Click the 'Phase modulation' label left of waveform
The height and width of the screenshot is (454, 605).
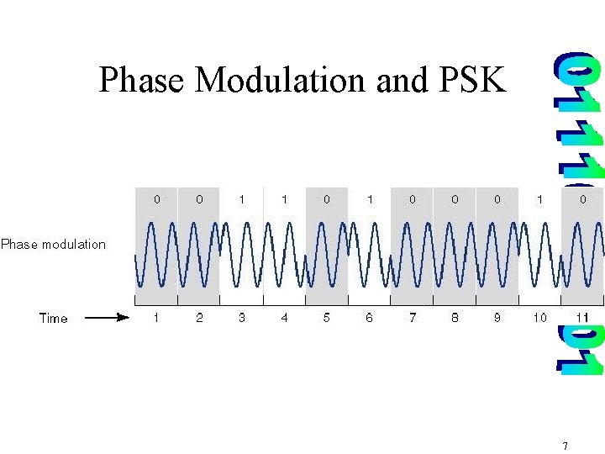coord(54,245)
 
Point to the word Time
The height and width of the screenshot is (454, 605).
coord(54,318)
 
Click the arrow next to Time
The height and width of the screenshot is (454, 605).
coord(108,318)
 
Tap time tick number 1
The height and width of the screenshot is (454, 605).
coord(156,318)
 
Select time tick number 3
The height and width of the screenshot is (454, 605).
coord(242,318)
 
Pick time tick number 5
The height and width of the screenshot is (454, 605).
coord(327,318)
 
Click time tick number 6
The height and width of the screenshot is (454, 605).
coord(370,318)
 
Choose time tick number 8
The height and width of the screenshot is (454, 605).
coord(455,318)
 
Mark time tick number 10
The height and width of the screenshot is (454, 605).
coord(539,318)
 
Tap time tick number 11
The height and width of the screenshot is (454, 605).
coord(582,318)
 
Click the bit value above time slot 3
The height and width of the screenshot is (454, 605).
coord(242,199)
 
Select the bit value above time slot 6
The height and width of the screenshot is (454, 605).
coord(370,199)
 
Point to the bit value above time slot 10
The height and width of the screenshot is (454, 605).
coord(539,199)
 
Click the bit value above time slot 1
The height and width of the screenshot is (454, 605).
coord(156,199)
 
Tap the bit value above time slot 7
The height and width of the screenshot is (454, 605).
coord(412,199)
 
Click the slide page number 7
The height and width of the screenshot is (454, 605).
coord(566,446)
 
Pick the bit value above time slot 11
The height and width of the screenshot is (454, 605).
coord(582,199)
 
